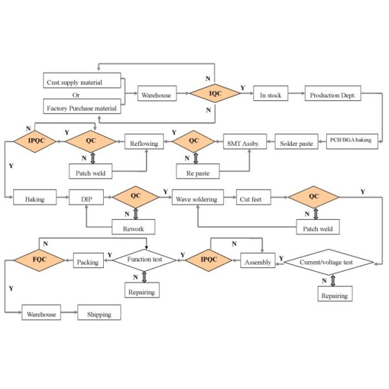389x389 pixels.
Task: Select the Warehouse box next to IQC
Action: [156, 95]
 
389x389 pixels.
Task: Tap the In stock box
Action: [270, 95]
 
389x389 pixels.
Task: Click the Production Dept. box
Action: [333, 95]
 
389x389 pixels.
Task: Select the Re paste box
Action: [198, 172]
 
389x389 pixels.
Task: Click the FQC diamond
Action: [39, 261]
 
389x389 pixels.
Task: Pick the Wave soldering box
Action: [198, 198]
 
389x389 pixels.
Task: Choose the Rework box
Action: [134, 228]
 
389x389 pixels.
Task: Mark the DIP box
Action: [87, 198]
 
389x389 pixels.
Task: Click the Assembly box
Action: [257, 262]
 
